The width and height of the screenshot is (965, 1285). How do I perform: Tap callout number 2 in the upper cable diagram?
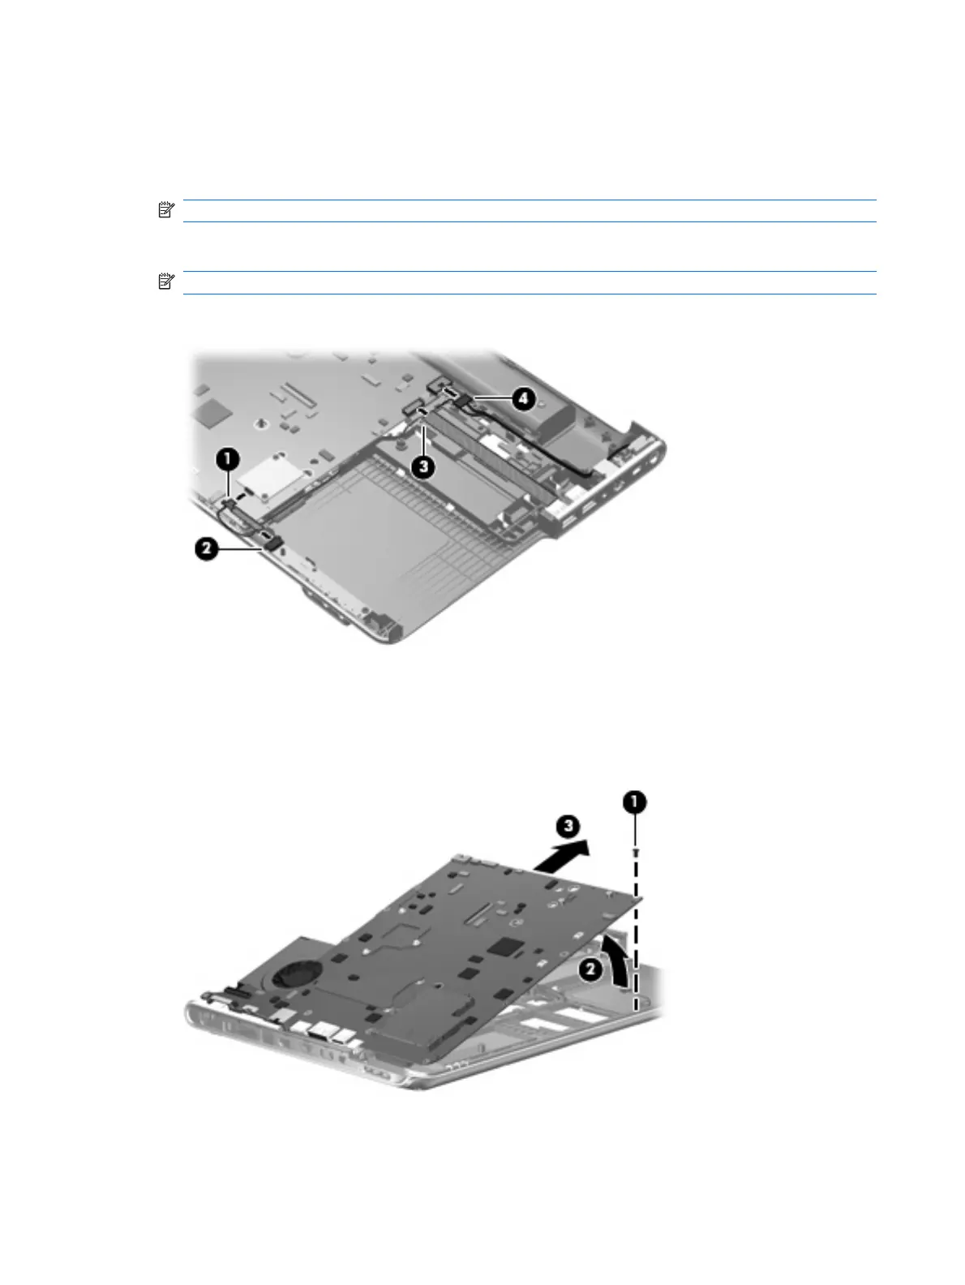(x=206, y=549)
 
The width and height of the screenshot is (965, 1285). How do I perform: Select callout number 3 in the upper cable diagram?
(x=423, y=467)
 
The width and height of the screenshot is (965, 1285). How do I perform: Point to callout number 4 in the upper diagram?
(x=523, y=398)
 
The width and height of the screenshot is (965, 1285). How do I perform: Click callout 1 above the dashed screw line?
(x=635, y=802)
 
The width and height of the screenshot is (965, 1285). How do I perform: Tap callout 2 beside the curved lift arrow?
(x=590, y=969)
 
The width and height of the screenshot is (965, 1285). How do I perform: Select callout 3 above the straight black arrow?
(x=568, y=827)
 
